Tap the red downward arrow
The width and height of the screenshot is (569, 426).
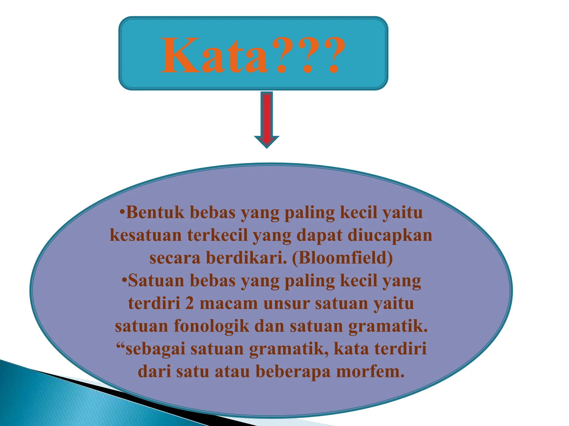pos(267,119)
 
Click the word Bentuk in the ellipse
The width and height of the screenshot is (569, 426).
pos(155,213)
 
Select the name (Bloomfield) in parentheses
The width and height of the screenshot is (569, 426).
pos(342,258)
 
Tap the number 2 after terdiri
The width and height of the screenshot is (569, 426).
pos(189,303)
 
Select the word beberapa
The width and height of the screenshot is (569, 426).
pos(293,371)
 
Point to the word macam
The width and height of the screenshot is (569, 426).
pos(229,303)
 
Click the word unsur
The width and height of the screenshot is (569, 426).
pos(286,303)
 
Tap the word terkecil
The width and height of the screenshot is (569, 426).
pos(217,235)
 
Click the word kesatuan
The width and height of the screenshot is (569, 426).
pos(146,235)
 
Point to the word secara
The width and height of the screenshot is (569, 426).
pos(175,258)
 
